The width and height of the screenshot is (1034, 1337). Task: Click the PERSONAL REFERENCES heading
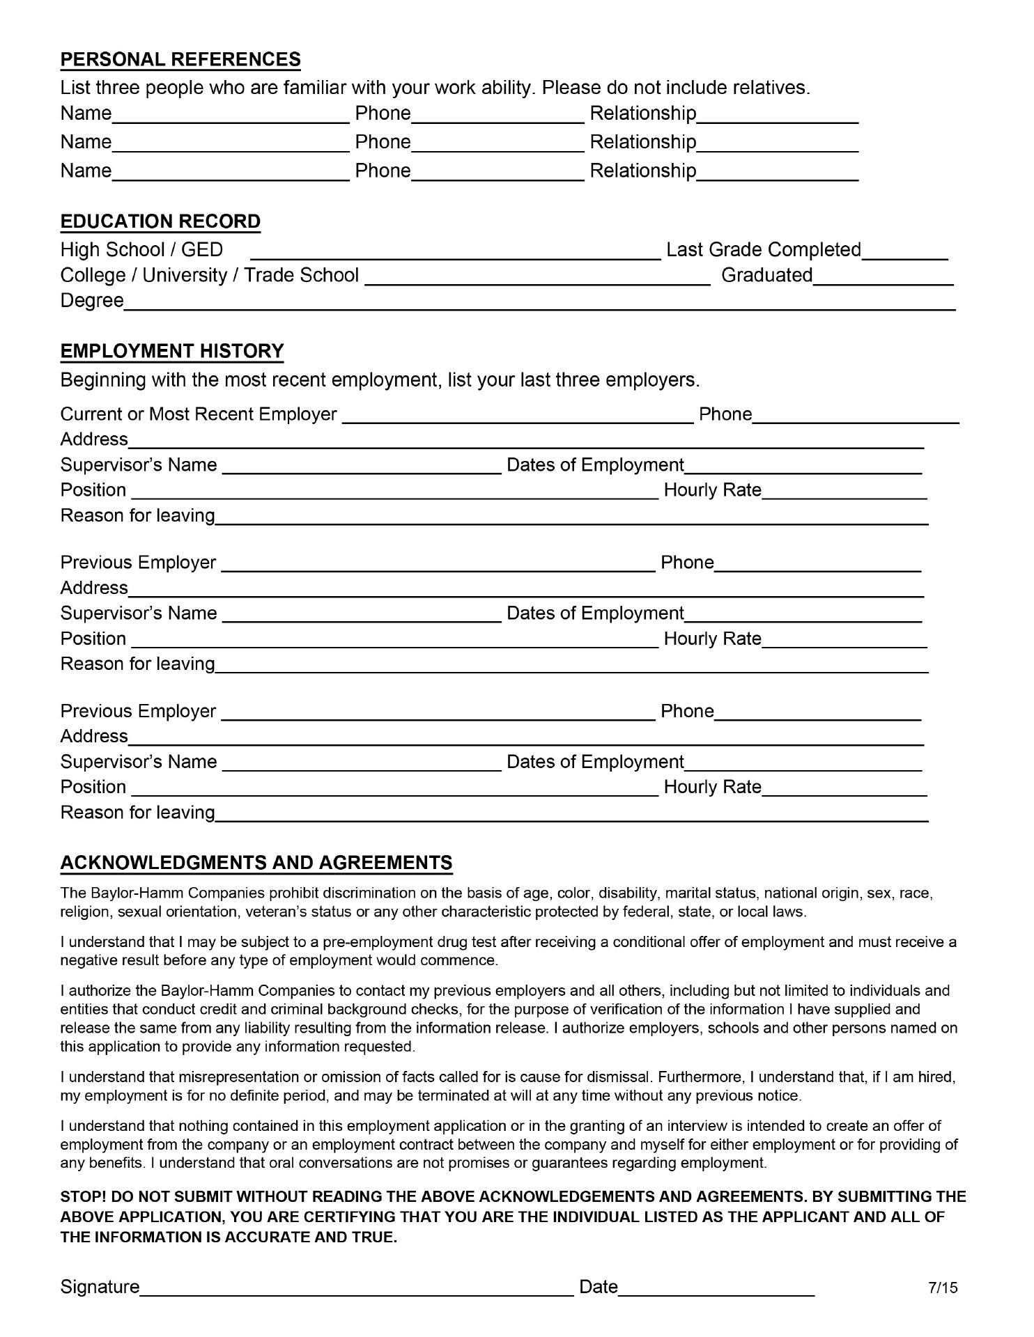(x=180, y=60)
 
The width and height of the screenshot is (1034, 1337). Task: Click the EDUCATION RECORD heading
(x=160, y=221)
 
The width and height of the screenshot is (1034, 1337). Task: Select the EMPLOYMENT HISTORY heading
(x=172, y=351)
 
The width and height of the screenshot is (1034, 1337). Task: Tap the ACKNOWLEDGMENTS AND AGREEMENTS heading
(x=256, y=863)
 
